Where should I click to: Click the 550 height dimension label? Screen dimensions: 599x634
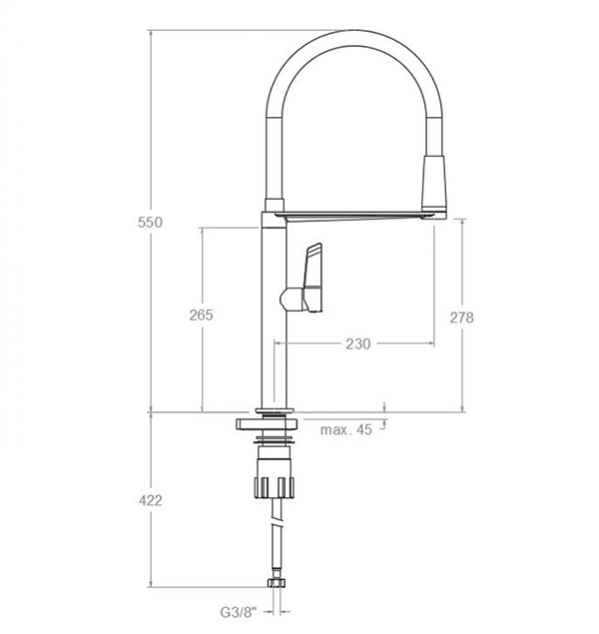150,222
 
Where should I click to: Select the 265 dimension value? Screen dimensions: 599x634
201,315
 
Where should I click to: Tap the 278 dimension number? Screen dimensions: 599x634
461,317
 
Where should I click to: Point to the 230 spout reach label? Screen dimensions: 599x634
358,343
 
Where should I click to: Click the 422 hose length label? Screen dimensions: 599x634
151,500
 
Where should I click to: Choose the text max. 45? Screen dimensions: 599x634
346,429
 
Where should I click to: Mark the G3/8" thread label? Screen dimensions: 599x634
239,613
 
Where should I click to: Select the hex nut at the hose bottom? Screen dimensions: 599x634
277,582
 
